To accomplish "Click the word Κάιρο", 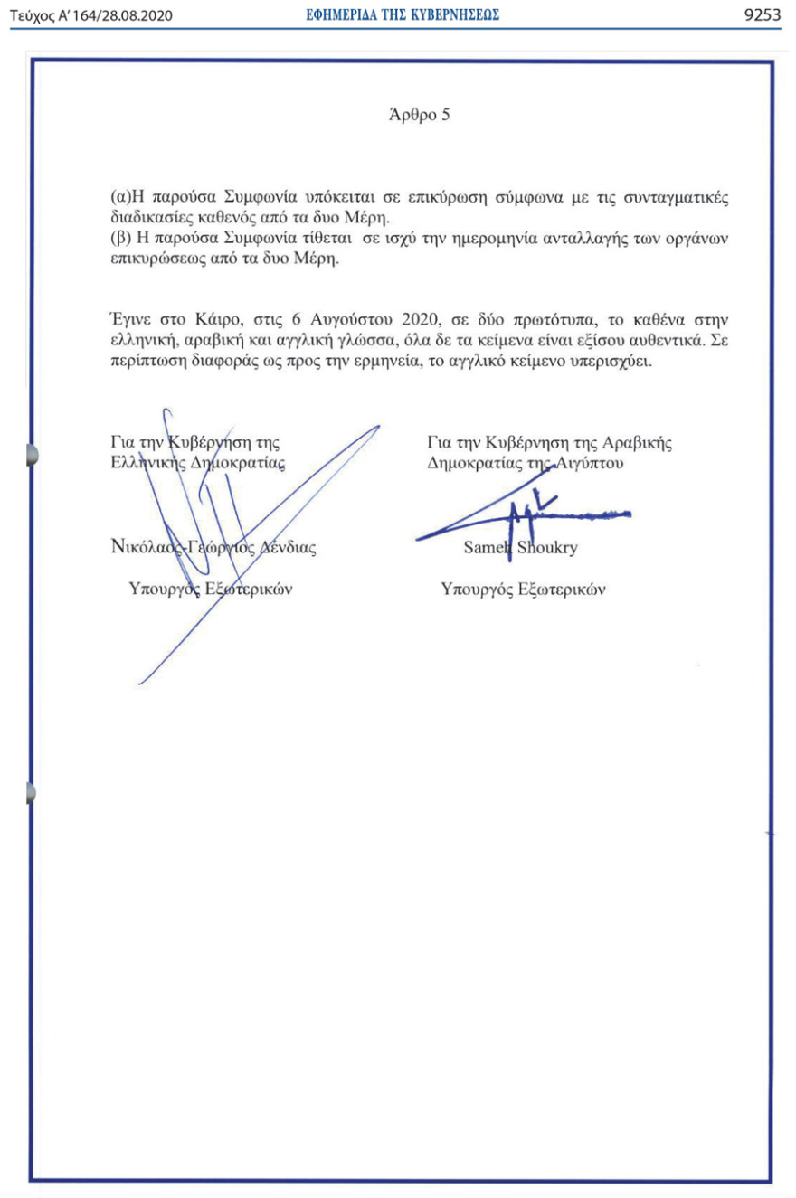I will click(x=215, y=320).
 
